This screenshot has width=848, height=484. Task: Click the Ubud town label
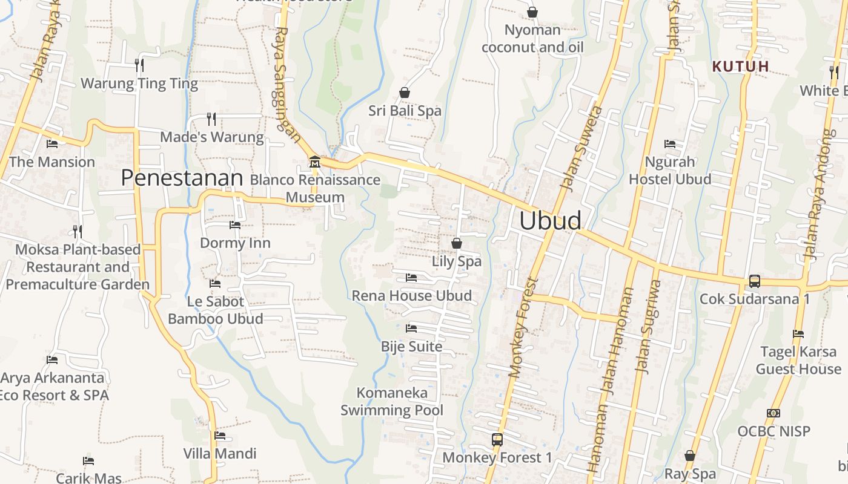pyautogui.click(x=550, y=220)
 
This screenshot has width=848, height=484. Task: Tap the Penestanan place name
pyautogui.click(x=182, y=178)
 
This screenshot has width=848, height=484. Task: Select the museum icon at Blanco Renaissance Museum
pyautogui.click(x=315, y=162)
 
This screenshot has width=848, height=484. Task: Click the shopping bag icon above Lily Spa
pyautogui.click(x=457, y=243)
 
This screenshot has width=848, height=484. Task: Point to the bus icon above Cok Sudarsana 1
pyautogui.click(x=754, y=281)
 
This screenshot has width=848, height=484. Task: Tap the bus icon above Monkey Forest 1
pyautogui.click(x=497, y=440)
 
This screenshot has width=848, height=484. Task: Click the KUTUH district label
pyautogui.click(x=740, y=67)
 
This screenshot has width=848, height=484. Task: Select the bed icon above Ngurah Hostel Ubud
pyautogui.click(x=670, y=144)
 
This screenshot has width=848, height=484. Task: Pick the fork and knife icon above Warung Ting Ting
pyautogui.click(x=139, y=65)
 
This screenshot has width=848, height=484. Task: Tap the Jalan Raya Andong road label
pyautogui.click(x=819, y=194)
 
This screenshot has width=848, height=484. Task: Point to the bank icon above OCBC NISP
pyautogui.click(x=773, y=413)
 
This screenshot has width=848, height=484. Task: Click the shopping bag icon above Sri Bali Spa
pyautogui.click(x=405, y=93)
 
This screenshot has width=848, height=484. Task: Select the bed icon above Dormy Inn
pyautogui.click(x=235, y=225)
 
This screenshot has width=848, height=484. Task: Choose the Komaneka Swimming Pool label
pyautogui.click(x=392, y=401)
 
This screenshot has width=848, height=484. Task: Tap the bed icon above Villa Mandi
pyautogui.click(x=220, y=436)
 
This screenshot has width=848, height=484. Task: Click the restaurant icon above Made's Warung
pyautogui.click(x=211, y=119)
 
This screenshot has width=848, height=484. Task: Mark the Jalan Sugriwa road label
pyautogui.click(x=648, y=327)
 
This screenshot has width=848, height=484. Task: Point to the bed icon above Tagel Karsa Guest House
pyautogui.click(x=798, y=334)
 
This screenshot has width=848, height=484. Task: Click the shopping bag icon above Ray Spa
pyautogui.click(x=690, y=456)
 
